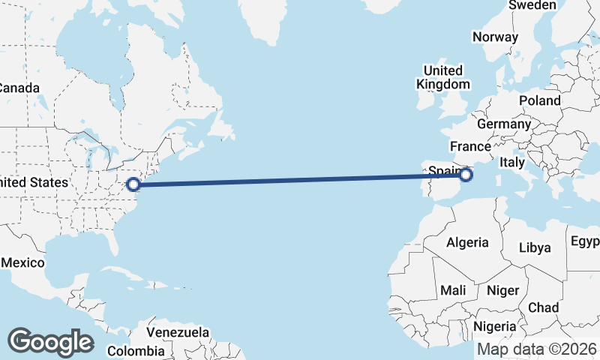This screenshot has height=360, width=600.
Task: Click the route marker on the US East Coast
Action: pyautogui.click(x=133, y=184)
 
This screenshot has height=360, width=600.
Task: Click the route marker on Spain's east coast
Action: pyautogui.click(x=466, y=175)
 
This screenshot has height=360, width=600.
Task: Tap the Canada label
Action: pyautogui.click(x=17, y=88)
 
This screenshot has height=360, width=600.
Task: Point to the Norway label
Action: pyautogui.click(x=495, y=37)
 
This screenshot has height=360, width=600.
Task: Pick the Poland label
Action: pyautogui.click(x=539, y=100)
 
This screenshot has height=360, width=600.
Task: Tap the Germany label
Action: pyautogui.click(x=503, y=124)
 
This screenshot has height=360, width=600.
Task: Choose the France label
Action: pyautogui.click(x=470, y=145)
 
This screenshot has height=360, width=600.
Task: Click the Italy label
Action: pyautogui.click(x=512, y=162)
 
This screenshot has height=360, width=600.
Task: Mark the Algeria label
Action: pyautogui.click(x=467, y=242)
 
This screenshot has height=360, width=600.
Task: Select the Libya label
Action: pyautogui.click(x=535, y=247)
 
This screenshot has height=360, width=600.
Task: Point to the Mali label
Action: pyautogui.click(x=452, y=289)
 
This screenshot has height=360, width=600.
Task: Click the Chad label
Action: pyautogui.click(x=543, y=307)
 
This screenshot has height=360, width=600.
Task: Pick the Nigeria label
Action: pyautogui.click(x=494, y=326)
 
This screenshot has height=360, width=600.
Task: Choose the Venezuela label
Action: pyautogui.click(x=178, y=331)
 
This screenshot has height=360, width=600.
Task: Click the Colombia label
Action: pyautogui.click(x=136, y=350)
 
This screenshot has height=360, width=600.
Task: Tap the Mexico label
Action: pyautogui.click(x=23, y=262)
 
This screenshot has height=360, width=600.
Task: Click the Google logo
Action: pyautogui.click(x=50, y=341)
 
